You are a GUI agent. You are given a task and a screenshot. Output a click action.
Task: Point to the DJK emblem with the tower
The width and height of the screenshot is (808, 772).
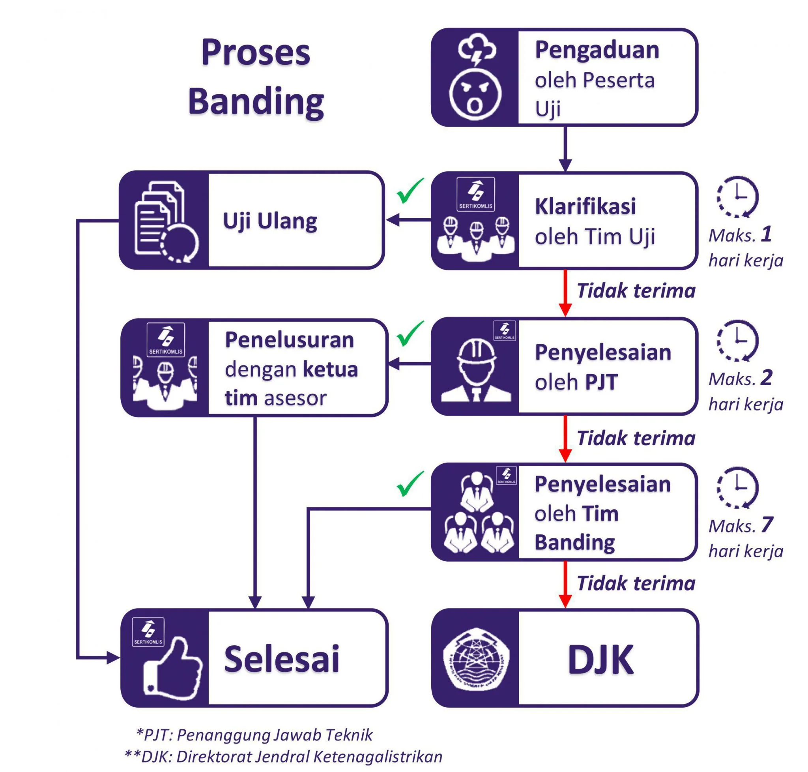click(476, 659)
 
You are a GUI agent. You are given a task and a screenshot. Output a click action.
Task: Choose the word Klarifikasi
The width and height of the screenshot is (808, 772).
click(585, 206)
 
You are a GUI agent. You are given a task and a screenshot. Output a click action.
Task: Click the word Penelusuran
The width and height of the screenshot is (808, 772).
click(289, 340)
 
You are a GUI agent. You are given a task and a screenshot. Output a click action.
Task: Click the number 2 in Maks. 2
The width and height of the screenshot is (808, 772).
click(766, 377)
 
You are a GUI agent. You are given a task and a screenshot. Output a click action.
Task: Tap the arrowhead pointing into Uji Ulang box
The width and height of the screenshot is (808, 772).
click(393, 220)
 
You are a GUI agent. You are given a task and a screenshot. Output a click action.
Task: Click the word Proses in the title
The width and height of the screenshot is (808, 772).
click(256, 52)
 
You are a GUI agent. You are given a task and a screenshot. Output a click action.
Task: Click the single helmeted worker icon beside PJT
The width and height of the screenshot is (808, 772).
click(476, 371)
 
